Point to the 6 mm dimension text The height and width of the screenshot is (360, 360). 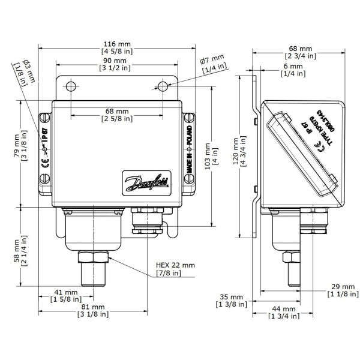point(293,68)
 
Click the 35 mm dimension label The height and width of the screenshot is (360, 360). point(230,300)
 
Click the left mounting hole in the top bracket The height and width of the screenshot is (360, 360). point(71,86)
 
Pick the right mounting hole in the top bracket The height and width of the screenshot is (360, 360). point(162,86)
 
